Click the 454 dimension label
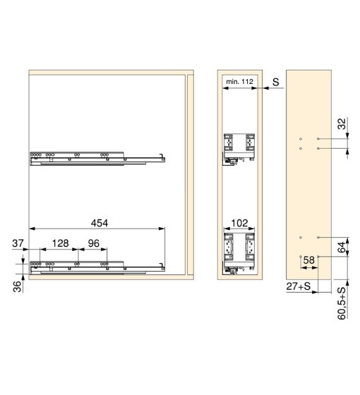100,223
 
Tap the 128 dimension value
60,243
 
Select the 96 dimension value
93,243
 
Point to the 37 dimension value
18,243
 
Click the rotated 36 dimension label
17,286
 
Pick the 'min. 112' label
239,82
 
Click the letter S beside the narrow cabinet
276,82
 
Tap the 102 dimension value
239,223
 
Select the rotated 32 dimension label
342,124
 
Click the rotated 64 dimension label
342,247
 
